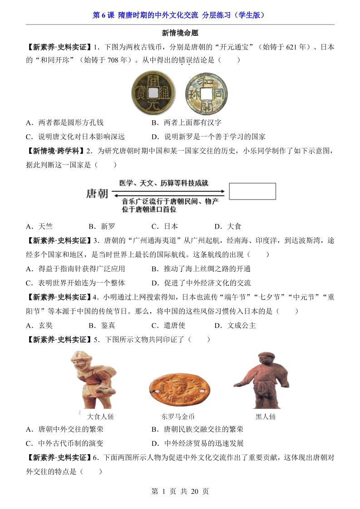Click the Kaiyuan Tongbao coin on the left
152,93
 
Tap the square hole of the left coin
153,93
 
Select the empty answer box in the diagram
252,191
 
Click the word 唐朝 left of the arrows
97,193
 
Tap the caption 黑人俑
266,416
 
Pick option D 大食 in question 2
228,226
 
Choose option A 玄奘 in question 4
39,325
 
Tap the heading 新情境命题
180,33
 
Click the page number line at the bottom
180,491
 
